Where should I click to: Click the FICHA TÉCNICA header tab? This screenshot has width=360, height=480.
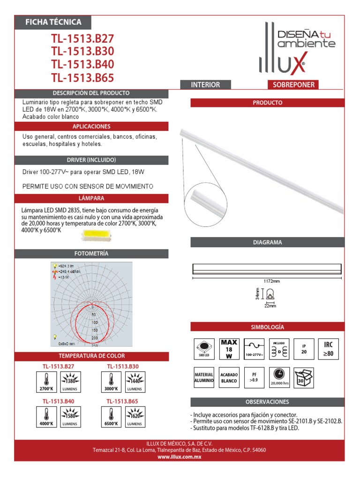click(53, 22)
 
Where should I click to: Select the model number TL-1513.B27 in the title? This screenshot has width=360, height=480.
click(82, 38)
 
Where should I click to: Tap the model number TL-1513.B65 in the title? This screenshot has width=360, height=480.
click(82, 78)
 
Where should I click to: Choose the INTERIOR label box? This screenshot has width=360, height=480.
click(205, 85)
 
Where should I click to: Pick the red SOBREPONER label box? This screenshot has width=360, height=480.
click(291, 85)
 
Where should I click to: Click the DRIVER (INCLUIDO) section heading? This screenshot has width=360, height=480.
click(91, 160)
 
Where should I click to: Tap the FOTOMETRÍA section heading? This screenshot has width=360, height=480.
click(91, 254)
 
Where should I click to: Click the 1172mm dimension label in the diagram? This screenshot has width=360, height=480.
click(271, 281)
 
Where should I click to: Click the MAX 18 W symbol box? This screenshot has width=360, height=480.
click(229, 349)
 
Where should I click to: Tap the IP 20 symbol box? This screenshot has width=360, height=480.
click(304, 349)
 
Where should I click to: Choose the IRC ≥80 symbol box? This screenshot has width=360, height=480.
click(329, 349)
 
